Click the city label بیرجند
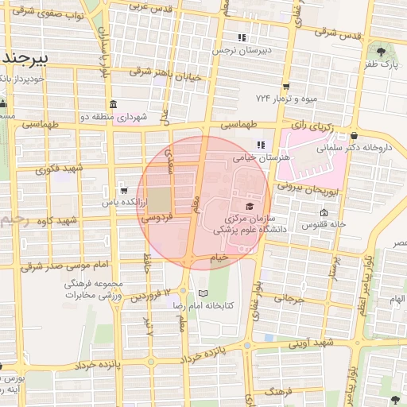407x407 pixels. click(24, 58)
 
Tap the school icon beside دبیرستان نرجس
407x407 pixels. click(242, 37)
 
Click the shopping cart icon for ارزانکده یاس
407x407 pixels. click(123, 190)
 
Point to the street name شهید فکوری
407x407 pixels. click(60, 169)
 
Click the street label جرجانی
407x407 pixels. click(289, 300)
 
